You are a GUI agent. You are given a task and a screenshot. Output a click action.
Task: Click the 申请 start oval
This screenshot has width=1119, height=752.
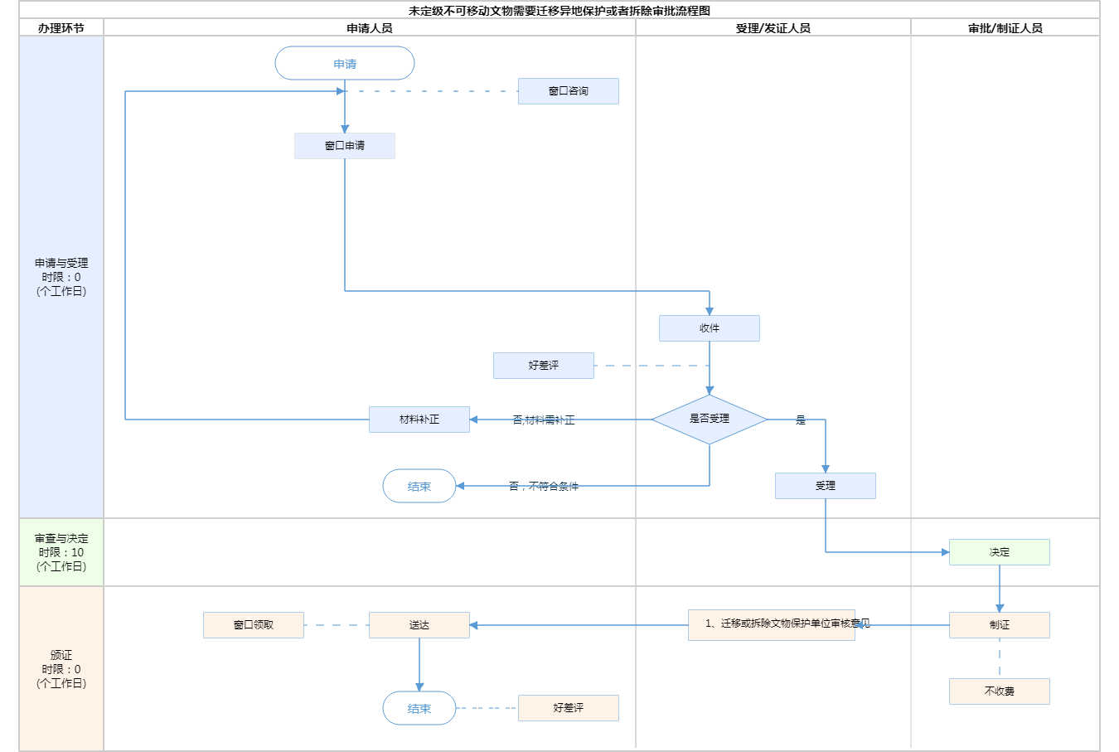pos(345,64)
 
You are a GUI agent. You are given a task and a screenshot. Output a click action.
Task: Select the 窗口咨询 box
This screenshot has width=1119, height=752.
pos(569,91)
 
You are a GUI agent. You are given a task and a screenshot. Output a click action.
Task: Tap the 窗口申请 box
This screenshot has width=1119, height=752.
pos(345,146)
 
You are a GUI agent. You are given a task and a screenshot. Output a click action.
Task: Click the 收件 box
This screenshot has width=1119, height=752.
pos(710,328)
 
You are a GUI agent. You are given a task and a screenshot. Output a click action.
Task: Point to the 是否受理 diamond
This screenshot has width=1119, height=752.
pos(710,420)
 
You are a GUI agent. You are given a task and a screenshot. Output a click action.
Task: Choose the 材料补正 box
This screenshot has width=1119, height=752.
pos(419,420)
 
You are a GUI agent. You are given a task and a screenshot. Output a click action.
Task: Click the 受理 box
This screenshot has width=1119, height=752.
pos(826,486)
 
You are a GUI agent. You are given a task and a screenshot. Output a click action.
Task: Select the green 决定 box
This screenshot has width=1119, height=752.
pos(1000,552)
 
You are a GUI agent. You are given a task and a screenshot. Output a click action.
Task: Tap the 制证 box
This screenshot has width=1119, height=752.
pos(1000,625)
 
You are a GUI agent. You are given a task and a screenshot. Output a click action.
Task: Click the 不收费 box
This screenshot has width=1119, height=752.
pos(1000,691)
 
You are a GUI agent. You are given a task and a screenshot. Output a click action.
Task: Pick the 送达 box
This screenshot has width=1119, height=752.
pos(419,625)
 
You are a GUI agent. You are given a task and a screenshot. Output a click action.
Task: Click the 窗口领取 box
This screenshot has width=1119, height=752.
pos(254,625)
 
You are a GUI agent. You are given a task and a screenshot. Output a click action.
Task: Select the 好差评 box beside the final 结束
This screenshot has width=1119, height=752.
pos(569,708)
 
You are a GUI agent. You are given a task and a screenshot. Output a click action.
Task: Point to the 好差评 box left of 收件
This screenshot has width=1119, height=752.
pos(544,366)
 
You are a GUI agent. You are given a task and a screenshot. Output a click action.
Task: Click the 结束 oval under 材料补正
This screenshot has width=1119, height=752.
pos(419,487)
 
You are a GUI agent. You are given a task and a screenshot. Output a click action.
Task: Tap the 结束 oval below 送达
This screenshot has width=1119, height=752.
pos(419,709)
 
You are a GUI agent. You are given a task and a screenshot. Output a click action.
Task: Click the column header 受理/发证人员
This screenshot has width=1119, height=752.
pos(773,28)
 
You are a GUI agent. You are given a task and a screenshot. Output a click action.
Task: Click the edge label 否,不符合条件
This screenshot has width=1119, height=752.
pos(544,487)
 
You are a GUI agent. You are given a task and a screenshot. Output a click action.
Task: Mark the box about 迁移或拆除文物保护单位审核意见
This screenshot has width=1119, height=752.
pos(772,624)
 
